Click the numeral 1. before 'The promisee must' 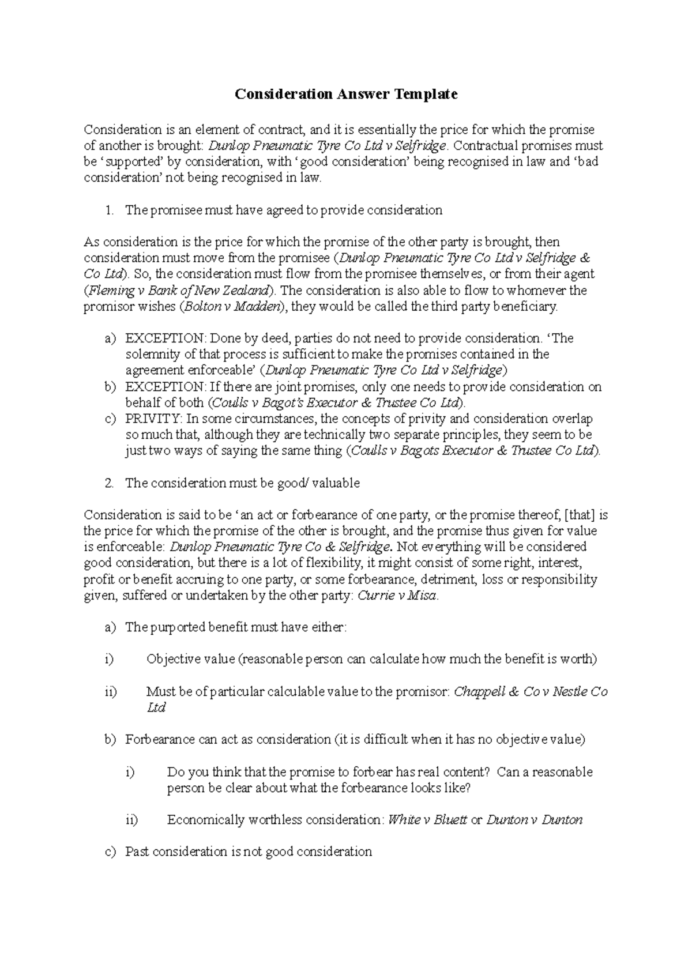[x=110, y=210]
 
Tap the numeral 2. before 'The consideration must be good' [x=110, y=483]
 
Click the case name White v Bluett [x=427, y=820]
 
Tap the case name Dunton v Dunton [x=535, y=820]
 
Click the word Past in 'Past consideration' [x=137, y=852]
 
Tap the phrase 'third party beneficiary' [x=492, y=306]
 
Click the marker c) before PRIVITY [x=111, y=419]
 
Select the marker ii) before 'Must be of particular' [x=111, y=691]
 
